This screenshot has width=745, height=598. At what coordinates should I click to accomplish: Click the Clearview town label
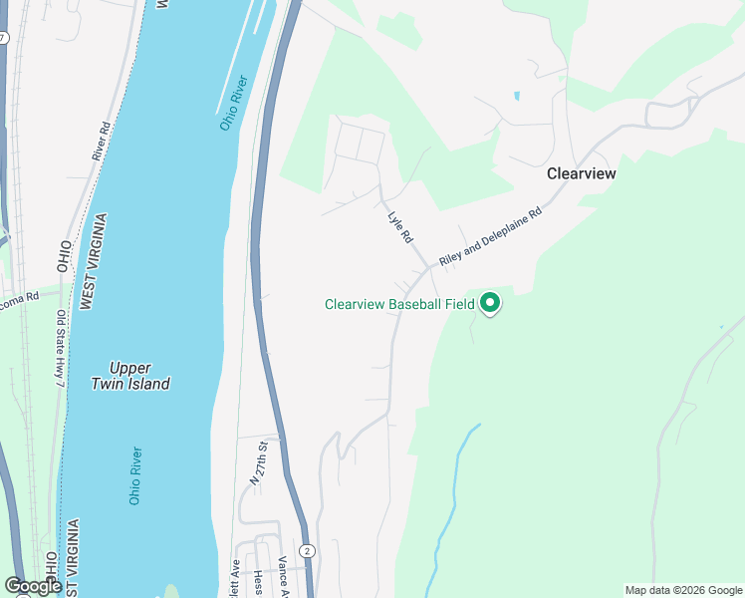click(x=582, y=173)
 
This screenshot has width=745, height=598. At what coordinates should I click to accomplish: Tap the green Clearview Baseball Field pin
click(x=489, y=302)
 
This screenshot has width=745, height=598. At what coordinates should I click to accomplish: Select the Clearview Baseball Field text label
click(x=399, y=305)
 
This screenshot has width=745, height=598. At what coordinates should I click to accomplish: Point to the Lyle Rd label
click(x=400, y=226)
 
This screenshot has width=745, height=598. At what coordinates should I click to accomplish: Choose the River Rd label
click(x=100, y=142)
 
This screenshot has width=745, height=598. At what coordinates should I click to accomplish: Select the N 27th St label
click(x=258, y=462)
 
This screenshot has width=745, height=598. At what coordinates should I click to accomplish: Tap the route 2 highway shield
click(x=309, y=551)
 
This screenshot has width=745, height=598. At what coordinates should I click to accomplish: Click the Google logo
click(x=33, y=586)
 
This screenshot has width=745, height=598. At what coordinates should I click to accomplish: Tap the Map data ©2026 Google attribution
click(x=682, y=590)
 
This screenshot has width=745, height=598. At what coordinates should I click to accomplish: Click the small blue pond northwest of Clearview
click(x=516, y=97)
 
